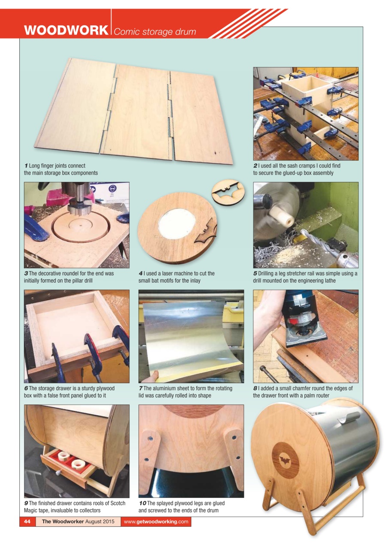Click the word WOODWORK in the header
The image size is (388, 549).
[66, 31]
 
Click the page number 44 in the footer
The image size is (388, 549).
[27, 522]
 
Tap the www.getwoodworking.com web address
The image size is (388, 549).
[156, 522]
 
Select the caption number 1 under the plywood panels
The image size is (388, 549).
[26, 166]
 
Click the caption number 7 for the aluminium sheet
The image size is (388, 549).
[141, 389]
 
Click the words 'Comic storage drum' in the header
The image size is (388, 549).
[155, 32]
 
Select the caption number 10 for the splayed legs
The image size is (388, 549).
[142, 503]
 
